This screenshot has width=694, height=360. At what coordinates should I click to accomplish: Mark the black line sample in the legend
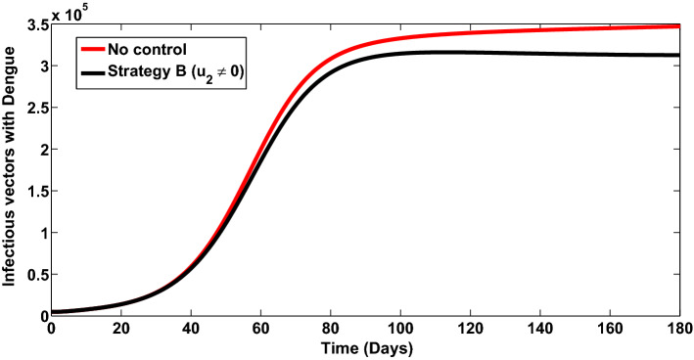[101, 67]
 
